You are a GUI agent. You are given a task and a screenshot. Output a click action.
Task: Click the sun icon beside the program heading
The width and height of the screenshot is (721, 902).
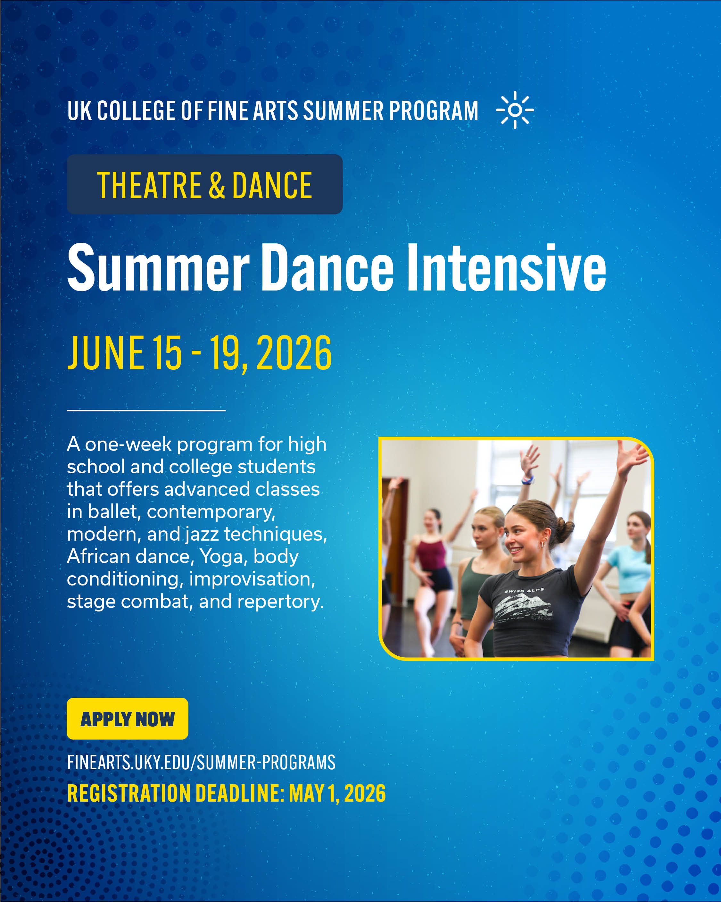point(515,110)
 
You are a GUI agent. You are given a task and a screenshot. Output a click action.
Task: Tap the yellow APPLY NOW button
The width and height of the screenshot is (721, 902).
point(127,719)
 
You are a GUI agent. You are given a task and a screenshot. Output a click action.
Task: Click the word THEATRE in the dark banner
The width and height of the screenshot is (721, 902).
point(149,185)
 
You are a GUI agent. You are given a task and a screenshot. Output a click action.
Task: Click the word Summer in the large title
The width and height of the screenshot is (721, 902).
point(159,268)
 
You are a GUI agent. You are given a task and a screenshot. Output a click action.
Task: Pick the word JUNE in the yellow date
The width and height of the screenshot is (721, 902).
point(106,353)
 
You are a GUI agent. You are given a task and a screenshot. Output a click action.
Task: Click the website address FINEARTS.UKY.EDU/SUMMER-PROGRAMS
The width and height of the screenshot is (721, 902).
point(201,762)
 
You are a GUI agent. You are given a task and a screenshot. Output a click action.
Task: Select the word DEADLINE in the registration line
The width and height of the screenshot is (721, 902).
point(239,793)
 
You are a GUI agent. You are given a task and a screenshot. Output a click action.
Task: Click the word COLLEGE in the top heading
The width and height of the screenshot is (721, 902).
point(136,111)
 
